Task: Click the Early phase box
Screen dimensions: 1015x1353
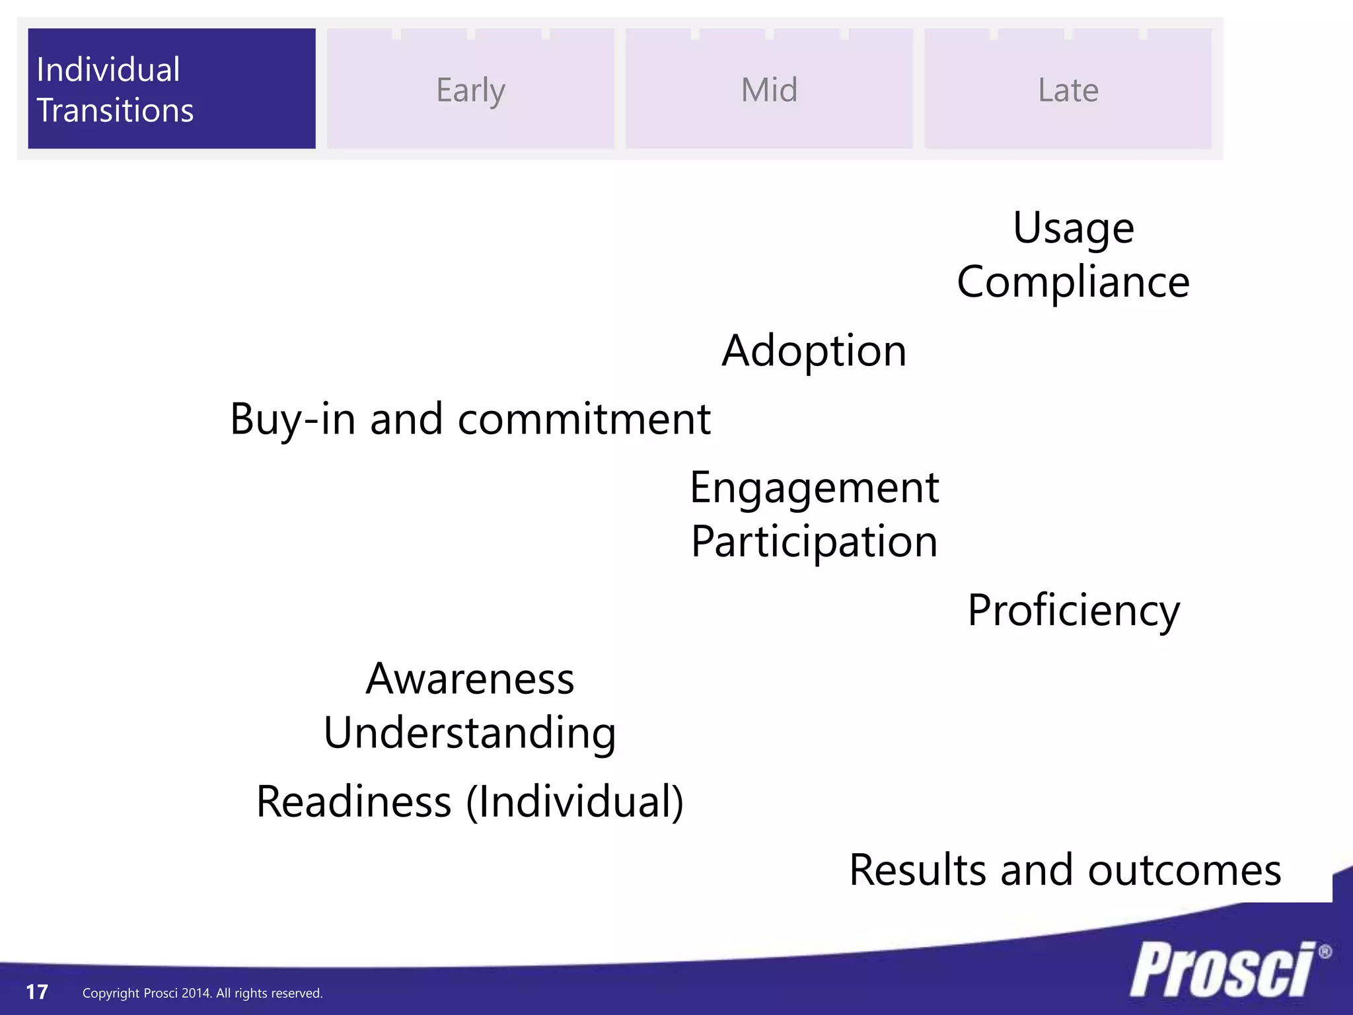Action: [x=470, y=89]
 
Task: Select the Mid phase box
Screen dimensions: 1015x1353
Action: [x=769, y=89]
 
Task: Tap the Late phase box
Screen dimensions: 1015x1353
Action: [x=1068, y=89]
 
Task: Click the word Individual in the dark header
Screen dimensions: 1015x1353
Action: [x=108, y=69]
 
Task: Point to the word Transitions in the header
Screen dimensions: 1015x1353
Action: [x=115, y=110]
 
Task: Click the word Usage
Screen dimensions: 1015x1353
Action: [x=1074, y=229]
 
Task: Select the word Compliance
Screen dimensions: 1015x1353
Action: [x=1073, y=282]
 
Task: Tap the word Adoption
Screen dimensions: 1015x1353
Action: [x=814, y=351]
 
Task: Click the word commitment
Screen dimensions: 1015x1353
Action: [x=584, y=419]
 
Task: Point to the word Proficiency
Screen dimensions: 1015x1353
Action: [x=1074, y=611]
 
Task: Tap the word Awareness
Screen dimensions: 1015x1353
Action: [x=470, y=679]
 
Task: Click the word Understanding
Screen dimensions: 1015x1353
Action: [x=470, y=733]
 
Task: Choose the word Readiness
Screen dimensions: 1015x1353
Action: [x=353, y=802]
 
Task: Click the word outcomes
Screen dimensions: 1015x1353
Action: [x=1184, y=870]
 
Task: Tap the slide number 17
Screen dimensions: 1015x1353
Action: [x=37, y=992]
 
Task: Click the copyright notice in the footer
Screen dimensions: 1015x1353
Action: [x=202, y=993]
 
